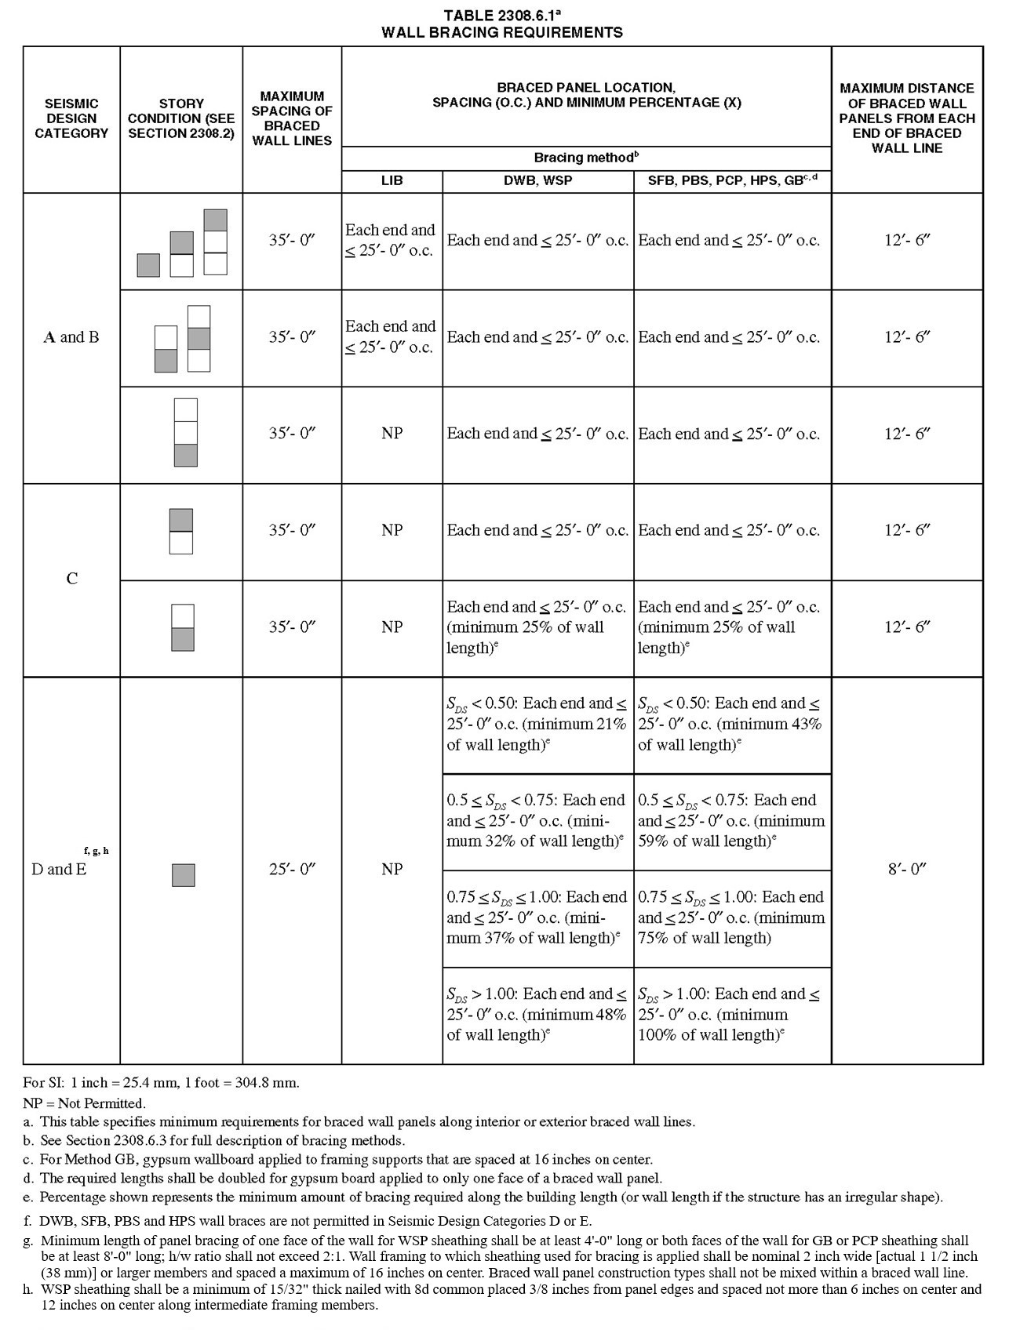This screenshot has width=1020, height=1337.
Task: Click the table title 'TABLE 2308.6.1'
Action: (x=501, y=16)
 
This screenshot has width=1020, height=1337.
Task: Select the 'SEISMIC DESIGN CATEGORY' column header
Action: (x=71, y=118)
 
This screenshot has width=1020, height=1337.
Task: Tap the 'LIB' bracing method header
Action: (x=392, y=180)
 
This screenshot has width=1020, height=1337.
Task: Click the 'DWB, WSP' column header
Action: (x=537, y=180)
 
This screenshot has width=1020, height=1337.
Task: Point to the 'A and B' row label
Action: (x=71, y=337)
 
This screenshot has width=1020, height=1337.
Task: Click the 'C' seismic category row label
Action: (x=71, y=579)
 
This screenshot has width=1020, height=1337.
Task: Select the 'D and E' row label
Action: (x=59, y=869)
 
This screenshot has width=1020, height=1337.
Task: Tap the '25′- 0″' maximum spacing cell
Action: (x=291, y=869)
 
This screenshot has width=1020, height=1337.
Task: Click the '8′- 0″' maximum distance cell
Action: (x=907, y=869)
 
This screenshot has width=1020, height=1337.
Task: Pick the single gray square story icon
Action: (x=183, y=875)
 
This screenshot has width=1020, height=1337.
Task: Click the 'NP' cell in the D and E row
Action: (x=392, y=869)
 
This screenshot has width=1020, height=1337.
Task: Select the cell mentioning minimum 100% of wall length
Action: (x=731, y=1015)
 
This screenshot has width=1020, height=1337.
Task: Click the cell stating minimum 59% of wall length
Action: (x=731, y=821)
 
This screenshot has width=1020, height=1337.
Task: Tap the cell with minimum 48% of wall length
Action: (x=537, y=1015)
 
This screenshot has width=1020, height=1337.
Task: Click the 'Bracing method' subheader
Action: (x=585, y=158)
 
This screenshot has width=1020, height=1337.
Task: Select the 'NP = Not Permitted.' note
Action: (x=85, y=1103)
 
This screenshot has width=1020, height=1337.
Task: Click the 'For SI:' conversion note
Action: (x=162, y=1083)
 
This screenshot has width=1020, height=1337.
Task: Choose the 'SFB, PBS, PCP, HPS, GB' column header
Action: (x=731, y=180)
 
